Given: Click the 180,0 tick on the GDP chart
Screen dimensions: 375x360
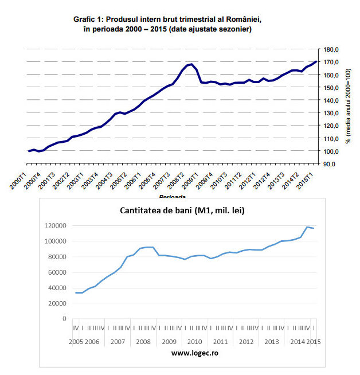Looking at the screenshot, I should (x=331, y=49).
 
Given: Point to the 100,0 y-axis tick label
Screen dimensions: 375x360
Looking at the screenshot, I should (x=331, y=151).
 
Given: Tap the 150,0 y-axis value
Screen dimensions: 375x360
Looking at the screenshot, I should (x=331, y=88).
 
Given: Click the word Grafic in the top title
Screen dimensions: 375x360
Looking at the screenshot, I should (x=87, y=19).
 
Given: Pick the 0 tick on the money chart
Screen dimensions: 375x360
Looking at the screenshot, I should (x=65, y=319).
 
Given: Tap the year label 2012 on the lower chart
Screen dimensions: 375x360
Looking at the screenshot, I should (x=246, y=342).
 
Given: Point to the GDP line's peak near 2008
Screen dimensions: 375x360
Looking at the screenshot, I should (x=191, y=64).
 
